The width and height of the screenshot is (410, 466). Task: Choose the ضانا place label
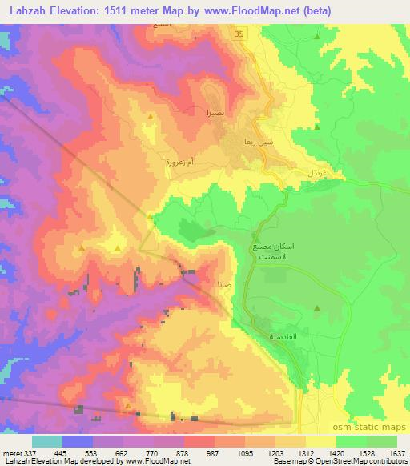[x=225, y=284]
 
